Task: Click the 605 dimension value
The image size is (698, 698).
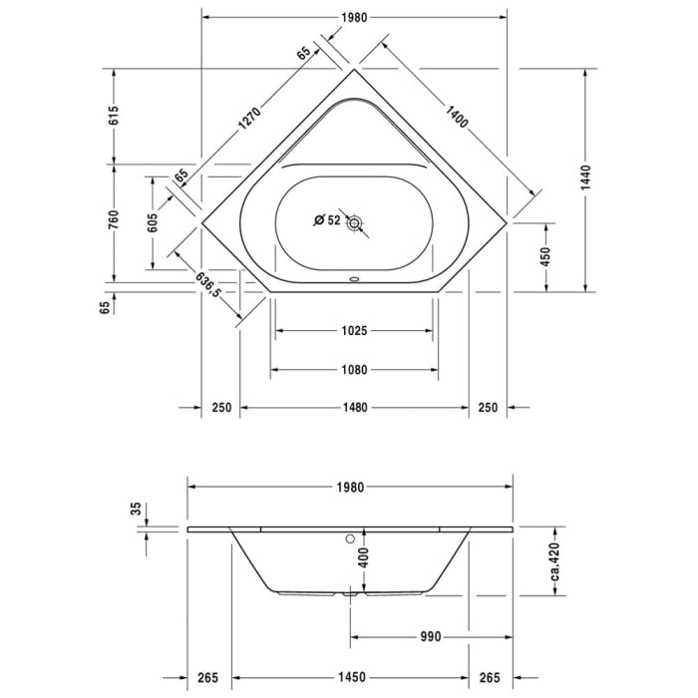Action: pyautogui.click(x=153, y=223)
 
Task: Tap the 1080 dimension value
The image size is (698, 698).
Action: pyautogui.click(x=354, y=369)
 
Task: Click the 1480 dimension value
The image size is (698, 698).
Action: pyautogui.click(x=354, y=407)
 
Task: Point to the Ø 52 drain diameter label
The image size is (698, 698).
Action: pyautogui.click(x=326, y=220)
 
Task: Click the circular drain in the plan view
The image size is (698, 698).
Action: pyautogui.click(x=355, y=225)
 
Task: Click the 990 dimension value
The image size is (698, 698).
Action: pyautogui.click(x=429, y=636)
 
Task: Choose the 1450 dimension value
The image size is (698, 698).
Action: pyautogui.click(x=349, y=677)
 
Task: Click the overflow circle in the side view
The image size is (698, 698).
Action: pyautogui.click(x=349, y=539)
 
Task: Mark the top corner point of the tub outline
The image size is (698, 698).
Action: pyautogui.click(x=355, y=69)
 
